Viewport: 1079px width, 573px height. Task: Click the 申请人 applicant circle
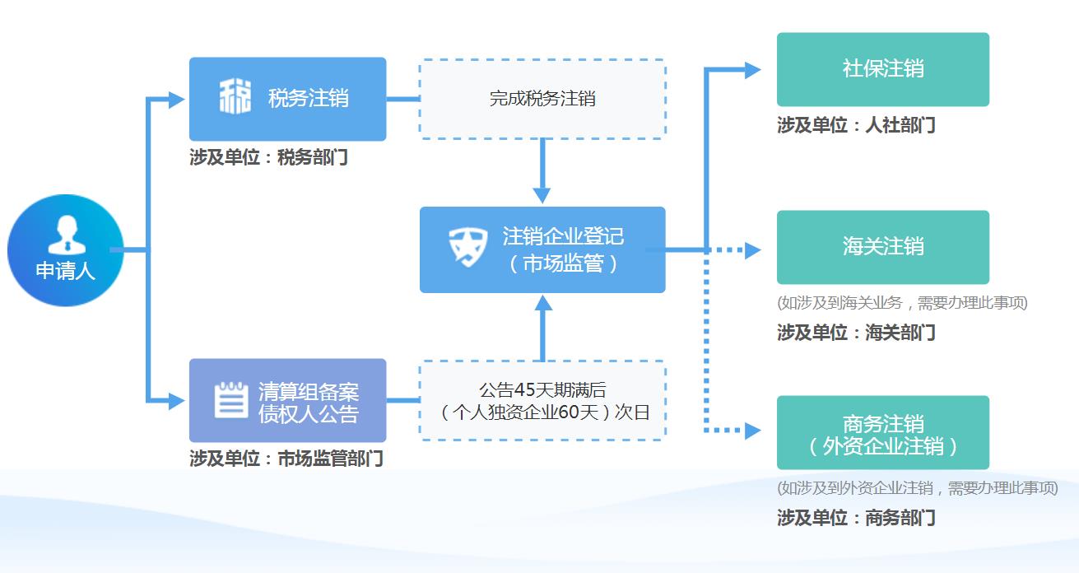click(x=65, y=250)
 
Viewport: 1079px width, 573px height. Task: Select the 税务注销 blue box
click(x=287, y=99)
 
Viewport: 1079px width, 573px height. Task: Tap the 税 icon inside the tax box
click(x=235, y=98)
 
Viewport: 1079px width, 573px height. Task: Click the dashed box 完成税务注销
click(x=542, y=99)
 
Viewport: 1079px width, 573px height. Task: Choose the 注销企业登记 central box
click(x=542, y=249)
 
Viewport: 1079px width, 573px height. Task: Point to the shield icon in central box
click(x=468, y=246)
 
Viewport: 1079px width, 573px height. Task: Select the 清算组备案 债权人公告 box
click(x=287, y=401)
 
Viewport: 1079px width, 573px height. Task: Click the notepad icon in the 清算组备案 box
click(x=231, y=400)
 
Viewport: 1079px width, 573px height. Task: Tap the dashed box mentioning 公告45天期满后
click(x=542, y=401)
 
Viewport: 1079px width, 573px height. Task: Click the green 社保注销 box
click(x=882, y=69)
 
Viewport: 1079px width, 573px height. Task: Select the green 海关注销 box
click(x=882, y=247)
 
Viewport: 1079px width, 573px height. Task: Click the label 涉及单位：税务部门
click(x=268, y=157)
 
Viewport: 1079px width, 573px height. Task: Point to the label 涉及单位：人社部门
click(x=856, y=125)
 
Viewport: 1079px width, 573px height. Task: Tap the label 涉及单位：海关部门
click(x=856, y=333)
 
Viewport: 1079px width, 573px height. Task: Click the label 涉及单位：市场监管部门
click(x=286, y=459)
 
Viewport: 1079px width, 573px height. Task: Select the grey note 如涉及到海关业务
click(x=902, y=303)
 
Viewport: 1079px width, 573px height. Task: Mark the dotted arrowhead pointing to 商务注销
click(x=752, y=430)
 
